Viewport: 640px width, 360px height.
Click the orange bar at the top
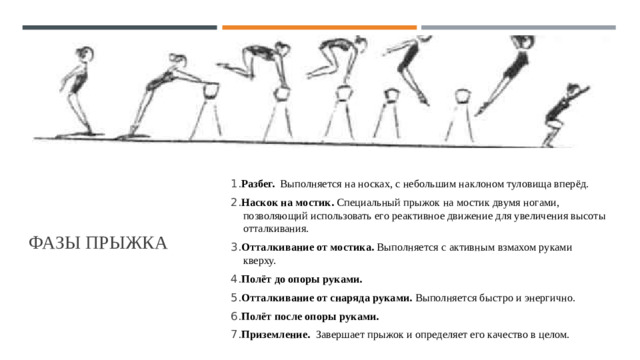click(319, 27)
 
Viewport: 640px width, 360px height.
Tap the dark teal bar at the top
click(120, 27)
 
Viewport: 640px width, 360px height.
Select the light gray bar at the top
click(518, 27)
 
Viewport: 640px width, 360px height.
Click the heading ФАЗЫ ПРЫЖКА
click(98, 243)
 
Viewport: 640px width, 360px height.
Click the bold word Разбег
click(258, 184)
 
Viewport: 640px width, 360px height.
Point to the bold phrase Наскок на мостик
click(288, 202)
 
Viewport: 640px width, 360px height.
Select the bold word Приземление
click(276, 335)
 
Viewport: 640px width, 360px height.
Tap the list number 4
click(234, 279)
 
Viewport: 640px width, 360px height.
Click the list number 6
click(234, 316)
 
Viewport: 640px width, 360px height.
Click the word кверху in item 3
click(259, 261)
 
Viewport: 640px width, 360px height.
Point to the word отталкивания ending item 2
click(275, 229)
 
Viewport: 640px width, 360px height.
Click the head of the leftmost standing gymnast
click(85, 54)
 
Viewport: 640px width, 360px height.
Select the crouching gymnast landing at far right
click(565, 115)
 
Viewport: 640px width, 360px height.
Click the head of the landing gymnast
click(572, 90)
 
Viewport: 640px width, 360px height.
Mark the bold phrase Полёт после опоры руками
click(310, 316)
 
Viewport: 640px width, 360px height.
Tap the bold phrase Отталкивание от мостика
click(308, 247)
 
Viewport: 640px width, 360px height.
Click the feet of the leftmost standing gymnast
click(82, 133)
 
